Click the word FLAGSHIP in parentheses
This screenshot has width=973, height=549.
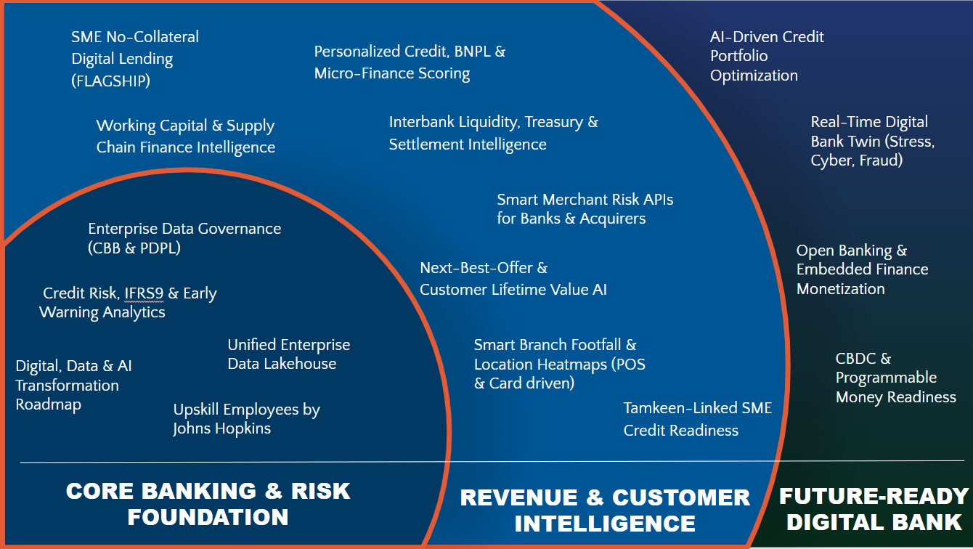110,81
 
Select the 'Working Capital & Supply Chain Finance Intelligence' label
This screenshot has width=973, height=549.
185,137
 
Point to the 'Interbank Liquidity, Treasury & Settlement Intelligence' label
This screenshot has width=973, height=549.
493,133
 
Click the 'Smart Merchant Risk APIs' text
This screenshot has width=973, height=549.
585,199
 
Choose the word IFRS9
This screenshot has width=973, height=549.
143,293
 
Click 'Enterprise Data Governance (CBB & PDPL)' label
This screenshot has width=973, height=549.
184,238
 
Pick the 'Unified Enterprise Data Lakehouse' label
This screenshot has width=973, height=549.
288,354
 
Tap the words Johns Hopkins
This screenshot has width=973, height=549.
221,428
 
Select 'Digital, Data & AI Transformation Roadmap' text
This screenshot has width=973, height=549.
73,385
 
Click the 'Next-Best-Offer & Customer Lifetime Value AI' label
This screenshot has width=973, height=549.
513,279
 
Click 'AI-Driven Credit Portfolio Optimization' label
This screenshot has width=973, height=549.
767,56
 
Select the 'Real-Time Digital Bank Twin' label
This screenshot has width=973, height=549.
872,141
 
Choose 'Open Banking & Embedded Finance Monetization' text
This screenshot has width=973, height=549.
862,269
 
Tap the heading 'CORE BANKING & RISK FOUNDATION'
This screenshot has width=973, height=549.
208,504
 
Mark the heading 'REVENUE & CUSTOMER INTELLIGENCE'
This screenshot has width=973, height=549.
605,510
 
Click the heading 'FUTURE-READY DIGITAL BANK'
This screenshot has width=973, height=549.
874,508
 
